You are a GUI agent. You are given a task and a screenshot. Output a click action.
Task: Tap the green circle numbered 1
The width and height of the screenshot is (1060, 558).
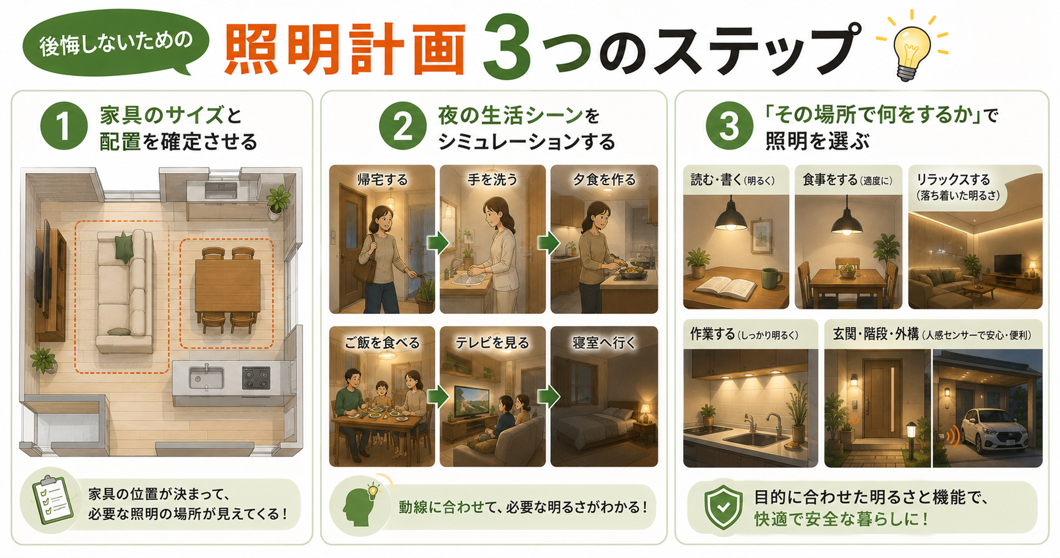[x=64, y=127]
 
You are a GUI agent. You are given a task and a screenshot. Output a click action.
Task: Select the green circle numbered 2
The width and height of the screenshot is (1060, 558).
[x=402, y=127]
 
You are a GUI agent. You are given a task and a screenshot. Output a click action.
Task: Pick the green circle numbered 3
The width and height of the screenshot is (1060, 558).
[x=729, y=127]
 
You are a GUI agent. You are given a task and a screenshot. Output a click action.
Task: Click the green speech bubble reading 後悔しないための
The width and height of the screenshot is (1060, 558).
[x=116, y=44]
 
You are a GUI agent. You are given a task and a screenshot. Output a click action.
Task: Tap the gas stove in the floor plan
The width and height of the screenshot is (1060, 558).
[x=256, y=378]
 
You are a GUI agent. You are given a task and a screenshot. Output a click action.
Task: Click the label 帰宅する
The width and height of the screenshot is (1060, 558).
[x=383, y=180]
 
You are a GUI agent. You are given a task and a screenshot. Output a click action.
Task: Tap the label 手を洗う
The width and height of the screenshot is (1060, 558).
[x=492, y=180]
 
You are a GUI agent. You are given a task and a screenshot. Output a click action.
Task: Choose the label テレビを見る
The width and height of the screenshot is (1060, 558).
[x=492, y=343]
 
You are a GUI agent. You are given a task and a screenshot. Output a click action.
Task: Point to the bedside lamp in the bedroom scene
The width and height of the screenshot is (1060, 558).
[x=645, y=412]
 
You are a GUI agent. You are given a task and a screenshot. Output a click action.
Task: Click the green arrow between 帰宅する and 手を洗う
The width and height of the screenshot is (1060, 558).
[x=438, y=243]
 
